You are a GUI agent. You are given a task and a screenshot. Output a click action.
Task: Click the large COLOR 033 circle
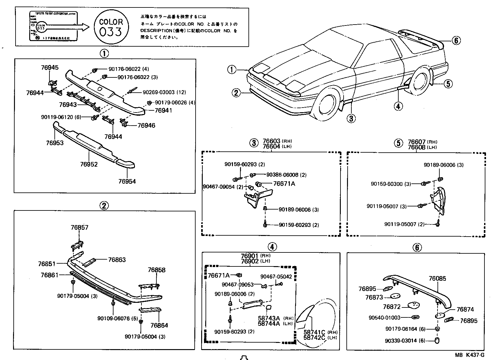(x=111, y=27)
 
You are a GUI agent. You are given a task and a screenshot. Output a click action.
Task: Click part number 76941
(x=163, y=110)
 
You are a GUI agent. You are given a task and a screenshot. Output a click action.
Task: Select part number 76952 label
(x=89, y=164)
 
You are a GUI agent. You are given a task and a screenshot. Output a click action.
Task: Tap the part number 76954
(x=127, y=181)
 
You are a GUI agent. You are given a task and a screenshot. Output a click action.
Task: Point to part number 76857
(x=79, y=227)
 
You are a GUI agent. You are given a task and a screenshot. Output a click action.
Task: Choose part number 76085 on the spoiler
(x=437, y=279)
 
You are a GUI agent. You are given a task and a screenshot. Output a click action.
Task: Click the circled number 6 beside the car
(x=456, y=40)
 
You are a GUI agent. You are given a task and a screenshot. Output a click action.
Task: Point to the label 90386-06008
(x=282, y=175)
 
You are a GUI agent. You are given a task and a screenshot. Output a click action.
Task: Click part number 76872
(x=392, y=307)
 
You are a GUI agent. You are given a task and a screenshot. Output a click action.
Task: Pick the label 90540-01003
(x=384, y=317)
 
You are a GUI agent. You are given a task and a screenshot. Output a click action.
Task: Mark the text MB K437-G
(x=470, y=355)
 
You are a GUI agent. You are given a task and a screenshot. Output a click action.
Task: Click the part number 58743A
(x=269, y=318)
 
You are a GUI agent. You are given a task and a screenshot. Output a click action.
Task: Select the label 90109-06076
(x=113, y=318)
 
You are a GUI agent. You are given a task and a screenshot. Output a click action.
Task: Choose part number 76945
(x=49, y=67)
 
